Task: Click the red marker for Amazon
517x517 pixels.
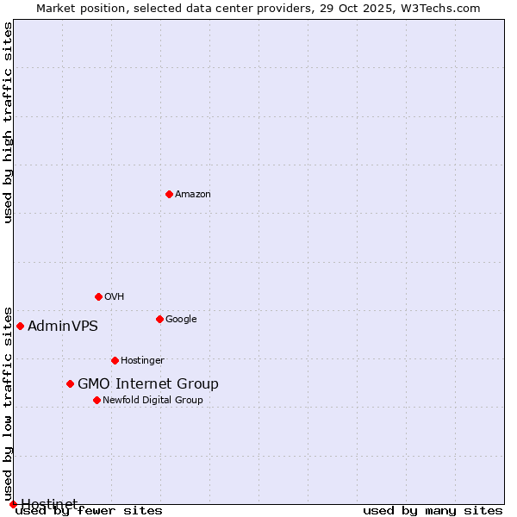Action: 169,194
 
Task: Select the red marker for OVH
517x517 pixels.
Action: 98,296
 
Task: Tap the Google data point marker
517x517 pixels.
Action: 159,319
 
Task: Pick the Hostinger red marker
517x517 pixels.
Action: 115,360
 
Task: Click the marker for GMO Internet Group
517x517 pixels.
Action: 70,383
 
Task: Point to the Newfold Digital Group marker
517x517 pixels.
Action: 97,400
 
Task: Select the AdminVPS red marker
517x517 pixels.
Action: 20,326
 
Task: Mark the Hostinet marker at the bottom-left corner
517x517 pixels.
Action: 13,504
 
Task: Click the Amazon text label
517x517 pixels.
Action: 193,194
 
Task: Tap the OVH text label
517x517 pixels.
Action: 115,296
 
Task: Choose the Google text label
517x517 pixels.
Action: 181,319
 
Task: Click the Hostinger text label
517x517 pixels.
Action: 142,360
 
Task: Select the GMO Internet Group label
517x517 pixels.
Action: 148,383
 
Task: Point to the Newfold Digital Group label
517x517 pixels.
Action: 153,400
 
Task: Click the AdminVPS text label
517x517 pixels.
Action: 63,326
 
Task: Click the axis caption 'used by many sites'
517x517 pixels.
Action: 433,510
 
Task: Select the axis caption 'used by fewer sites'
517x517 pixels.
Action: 89,510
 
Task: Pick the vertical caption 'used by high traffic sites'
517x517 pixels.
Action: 9,122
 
